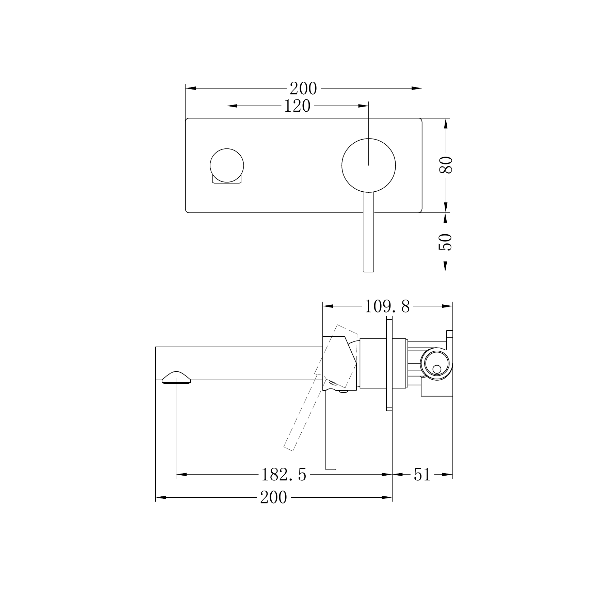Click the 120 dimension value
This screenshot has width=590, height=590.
click(x=297, y=106)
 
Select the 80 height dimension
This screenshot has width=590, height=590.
click(x=445, y=165)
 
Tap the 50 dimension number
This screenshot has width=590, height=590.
click(x=445, y=242)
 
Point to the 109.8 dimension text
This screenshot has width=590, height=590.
click(x=387, y=306)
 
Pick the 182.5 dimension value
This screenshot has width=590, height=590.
click(x=284, y=475)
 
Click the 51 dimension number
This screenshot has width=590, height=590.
click(x=422, y=475)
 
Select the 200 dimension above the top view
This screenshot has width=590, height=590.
click(x=303, y=89)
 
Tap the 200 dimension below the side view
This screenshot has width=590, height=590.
click(x=274, y=497)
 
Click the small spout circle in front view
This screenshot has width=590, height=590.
click(x=227, y=165)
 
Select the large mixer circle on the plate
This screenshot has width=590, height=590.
click(x=369, y=166)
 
